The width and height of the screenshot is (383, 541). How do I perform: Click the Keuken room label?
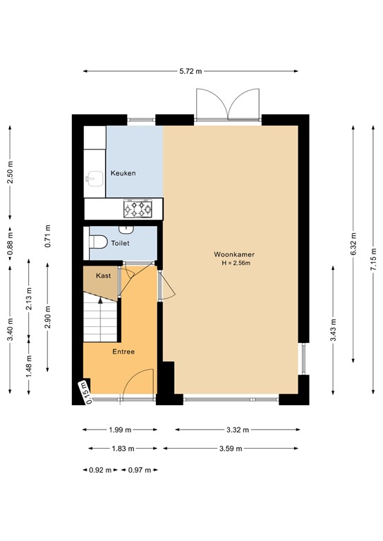pos(123,173)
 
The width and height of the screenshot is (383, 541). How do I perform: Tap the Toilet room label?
pos(121,242)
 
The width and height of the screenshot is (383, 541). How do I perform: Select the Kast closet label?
pos(103,277)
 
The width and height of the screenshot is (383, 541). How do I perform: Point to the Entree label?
pos(123,352)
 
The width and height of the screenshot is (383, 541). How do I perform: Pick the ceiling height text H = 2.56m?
pos(236,263)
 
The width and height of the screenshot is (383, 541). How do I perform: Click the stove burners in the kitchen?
pos(138,208)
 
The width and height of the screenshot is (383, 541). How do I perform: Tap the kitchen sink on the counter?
pos(92,179)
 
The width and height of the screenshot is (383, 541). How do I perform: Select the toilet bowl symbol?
pos(97,242)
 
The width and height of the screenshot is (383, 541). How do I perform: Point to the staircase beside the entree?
pos(99,318)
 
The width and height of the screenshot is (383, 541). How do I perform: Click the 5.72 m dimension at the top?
pos(190,71)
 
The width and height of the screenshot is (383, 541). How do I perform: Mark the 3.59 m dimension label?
pos(231,448)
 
